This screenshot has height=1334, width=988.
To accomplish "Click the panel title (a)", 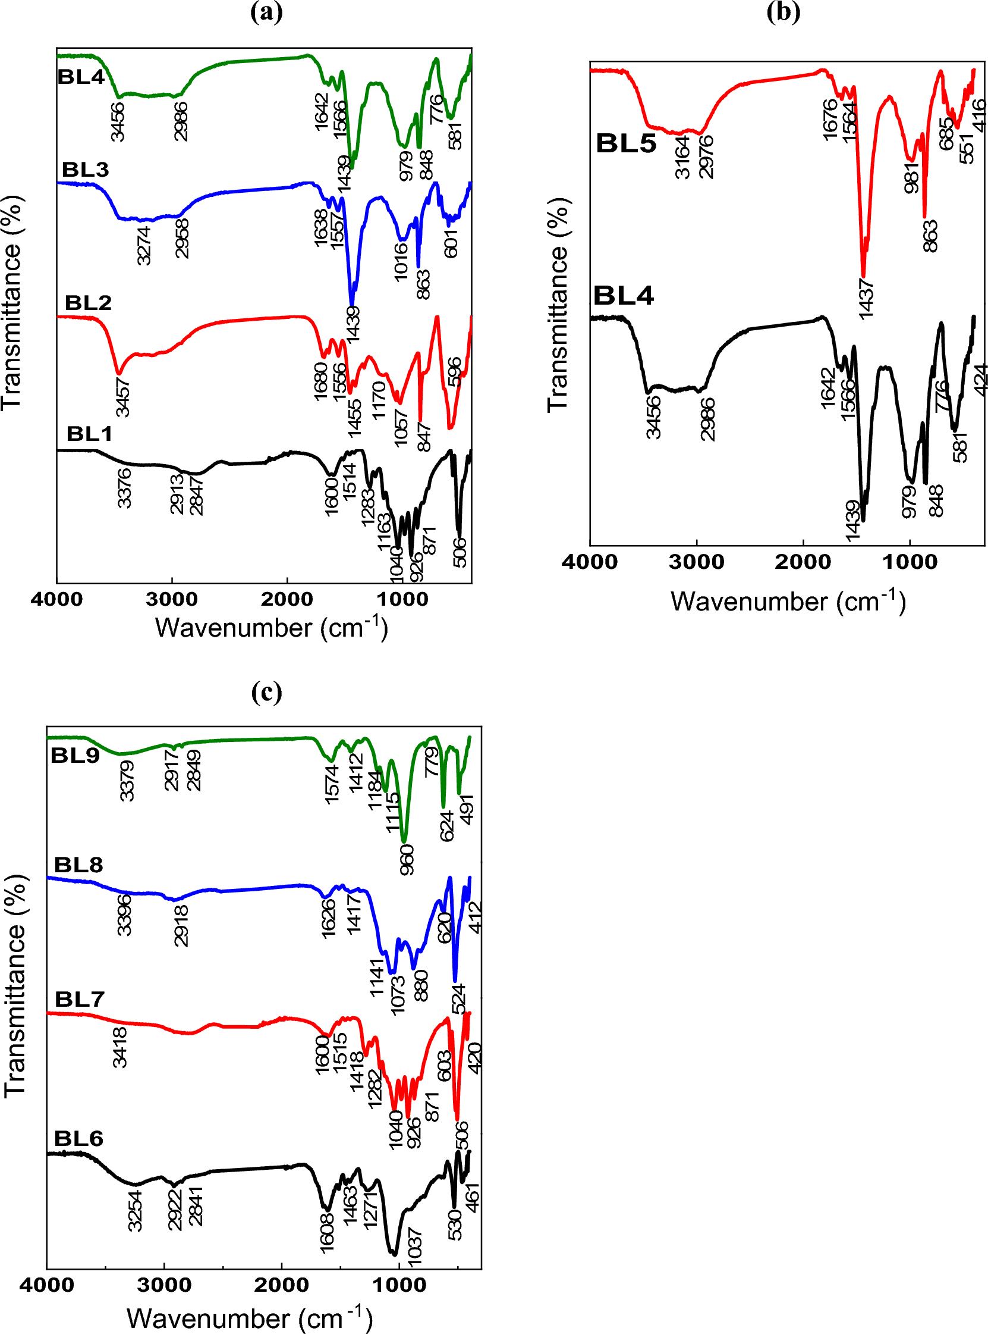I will click(266, 12).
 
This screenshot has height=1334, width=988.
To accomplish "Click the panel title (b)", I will click(783, 12).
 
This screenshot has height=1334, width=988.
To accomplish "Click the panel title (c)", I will click(266, 692).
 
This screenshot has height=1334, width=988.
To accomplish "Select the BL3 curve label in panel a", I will click(86, 170).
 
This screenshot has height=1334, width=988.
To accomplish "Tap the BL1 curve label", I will click(89, 433).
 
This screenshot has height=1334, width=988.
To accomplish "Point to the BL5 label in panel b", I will click(625, 143).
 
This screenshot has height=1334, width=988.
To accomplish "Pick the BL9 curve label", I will click(75, 755).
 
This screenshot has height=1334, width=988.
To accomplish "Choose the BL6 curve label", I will click(78, 1138).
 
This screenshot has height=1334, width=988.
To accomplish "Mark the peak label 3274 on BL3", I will click(143, 246).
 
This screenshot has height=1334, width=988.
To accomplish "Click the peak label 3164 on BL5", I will click(682, 158).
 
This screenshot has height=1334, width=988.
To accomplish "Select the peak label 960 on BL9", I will click(407, 859).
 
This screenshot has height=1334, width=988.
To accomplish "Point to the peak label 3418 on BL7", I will click(120, 1047).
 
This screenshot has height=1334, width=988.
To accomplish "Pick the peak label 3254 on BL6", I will click(136, 1211).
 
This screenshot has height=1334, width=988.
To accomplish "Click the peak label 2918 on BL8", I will click(181, 925).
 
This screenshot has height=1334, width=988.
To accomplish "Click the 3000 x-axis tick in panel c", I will click(164, 1286).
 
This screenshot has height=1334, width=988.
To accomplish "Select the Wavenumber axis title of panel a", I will click(271, 628).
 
